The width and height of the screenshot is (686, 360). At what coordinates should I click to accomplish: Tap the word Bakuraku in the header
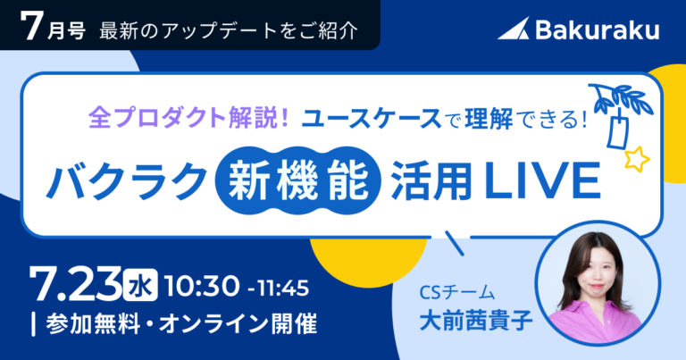coord(598,29)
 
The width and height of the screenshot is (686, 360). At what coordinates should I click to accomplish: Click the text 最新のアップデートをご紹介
coord(229,30)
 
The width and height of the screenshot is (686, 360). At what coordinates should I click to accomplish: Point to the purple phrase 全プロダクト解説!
coord(188,118)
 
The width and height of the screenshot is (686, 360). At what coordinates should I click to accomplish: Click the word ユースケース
coord(371,119)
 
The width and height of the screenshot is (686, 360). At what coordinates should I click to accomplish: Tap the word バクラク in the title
coord(127,180)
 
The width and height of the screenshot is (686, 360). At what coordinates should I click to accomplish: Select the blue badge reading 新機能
coord(298,180)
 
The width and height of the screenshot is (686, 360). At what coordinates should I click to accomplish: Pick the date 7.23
coord(75,284)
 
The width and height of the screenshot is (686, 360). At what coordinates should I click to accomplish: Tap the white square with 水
coord(140,285)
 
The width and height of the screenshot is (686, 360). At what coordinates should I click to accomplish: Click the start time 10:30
coord(202,286)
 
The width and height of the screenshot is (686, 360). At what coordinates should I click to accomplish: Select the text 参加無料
coord(93,324)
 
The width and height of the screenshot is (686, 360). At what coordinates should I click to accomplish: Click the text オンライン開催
coord(238,324)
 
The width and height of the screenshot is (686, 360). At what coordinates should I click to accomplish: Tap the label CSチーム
coord(457,293)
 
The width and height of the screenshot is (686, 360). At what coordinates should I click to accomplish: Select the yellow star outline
coord(636,159)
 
